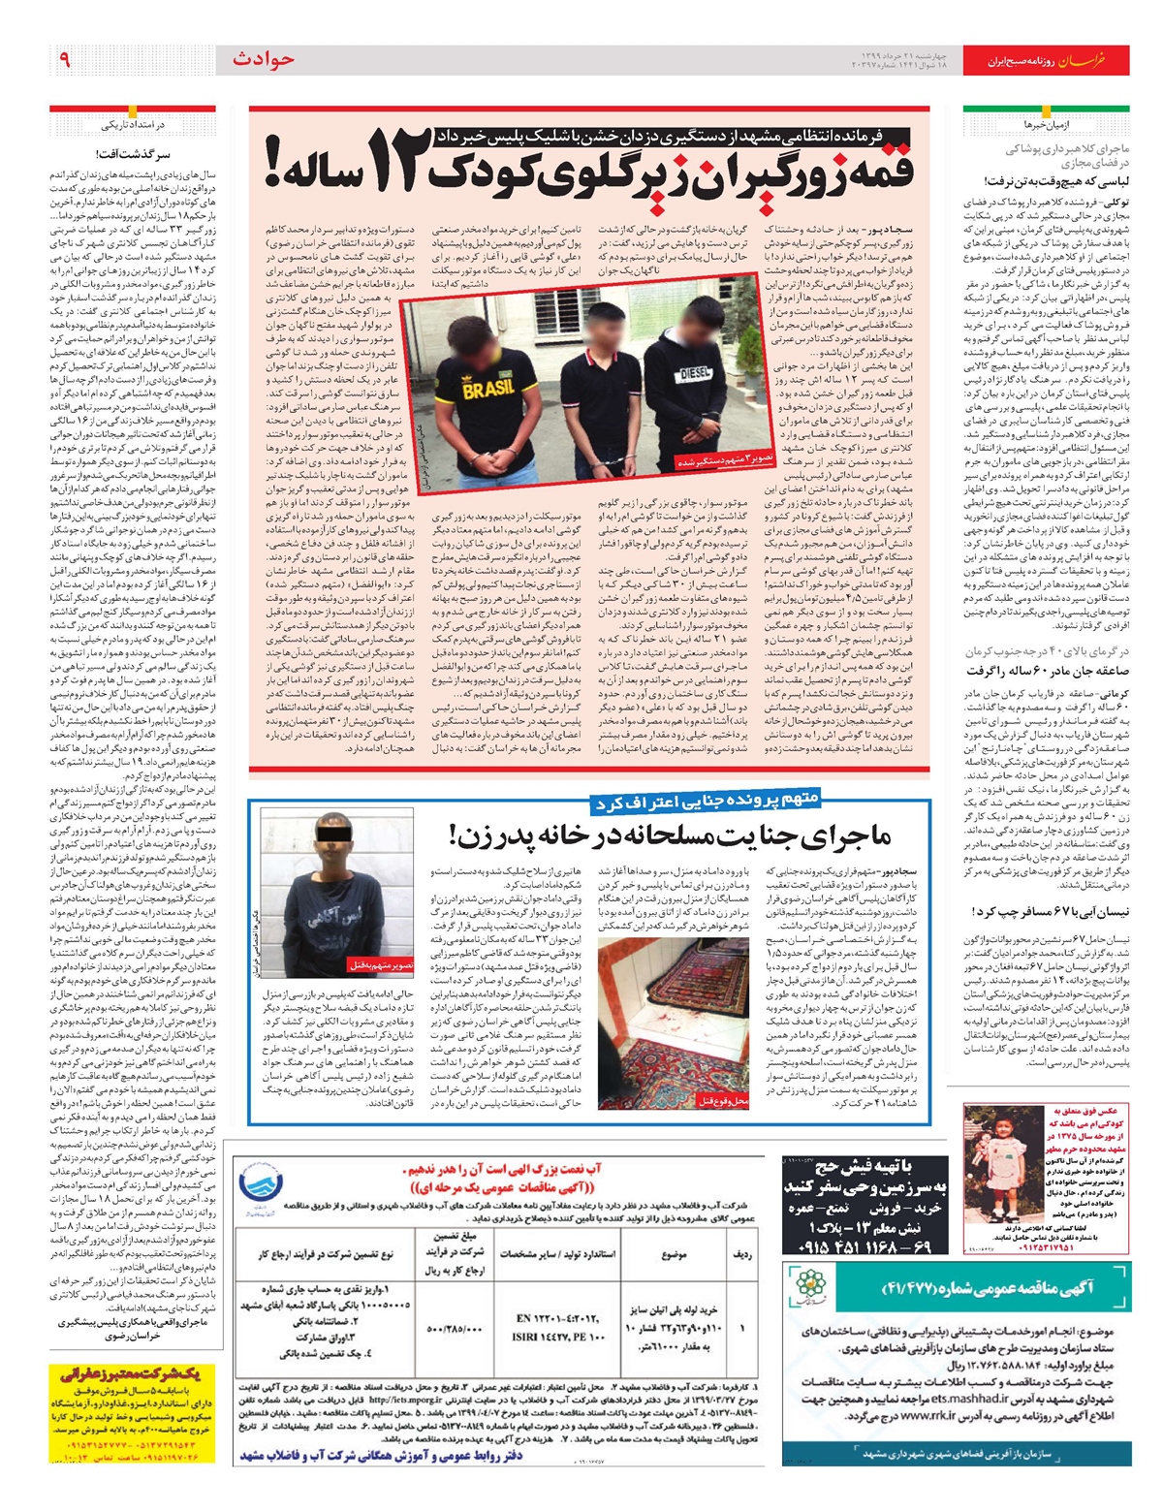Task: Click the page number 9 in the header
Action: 64,60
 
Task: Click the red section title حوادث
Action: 263,60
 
